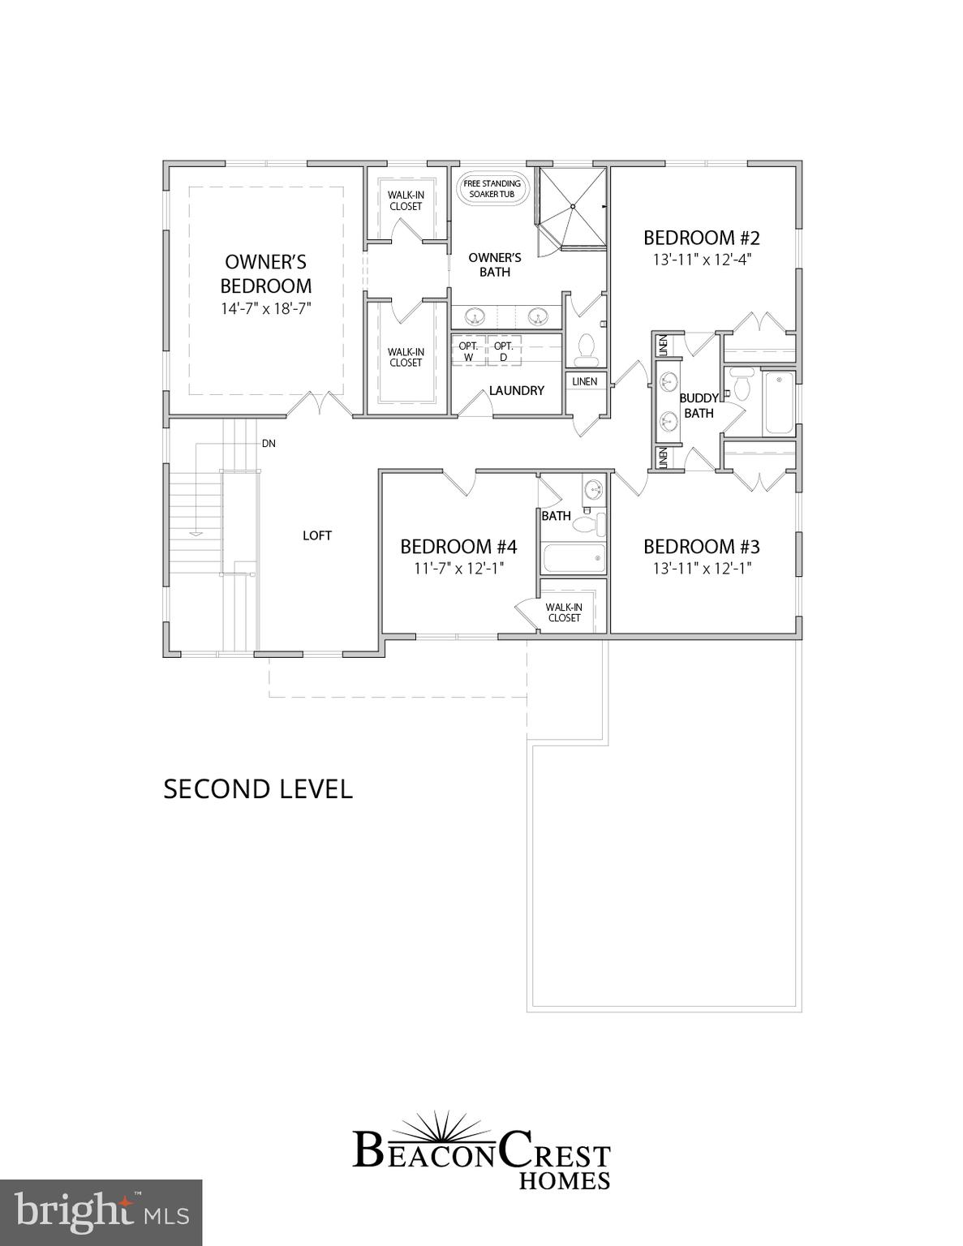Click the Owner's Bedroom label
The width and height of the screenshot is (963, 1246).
[x=265, y=273]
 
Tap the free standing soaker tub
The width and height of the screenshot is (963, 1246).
[x=492, y=189]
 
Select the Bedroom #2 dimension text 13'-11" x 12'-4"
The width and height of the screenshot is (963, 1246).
[x=702, y=260]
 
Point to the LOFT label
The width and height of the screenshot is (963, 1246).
[x=317, y=535]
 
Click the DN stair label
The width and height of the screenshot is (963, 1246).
[x=269, y=444]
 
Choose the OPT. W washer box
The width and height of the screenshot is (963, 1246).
[x=468, y=351]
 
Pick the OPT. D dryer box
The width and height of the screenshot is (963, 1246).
[x=503, y=351]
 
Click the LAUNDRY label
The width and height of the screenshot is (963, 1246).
[x=516, y=390]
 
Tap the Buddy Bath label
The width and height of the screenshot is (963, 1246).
[x=699, y=406]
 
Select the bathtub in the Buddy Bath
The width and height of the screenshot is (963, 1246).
[x=779, y=402]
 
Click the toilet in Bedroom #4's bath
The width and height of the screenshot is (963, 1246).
[x=590, y=523]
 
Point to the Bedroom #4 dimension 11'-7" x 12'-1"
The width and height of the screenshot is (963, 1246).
[x=459, y=568]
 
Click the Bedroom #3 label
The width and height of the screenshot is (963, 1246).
[x=702, y=546]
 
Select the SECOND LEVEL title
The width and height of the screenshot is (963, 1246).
[x=258, y=789]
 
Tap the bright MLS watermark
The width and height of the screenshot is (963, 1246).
[x=101, y=1213]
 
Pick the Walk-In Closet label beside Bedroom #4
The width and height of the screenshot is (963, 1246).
[x=564, y=612]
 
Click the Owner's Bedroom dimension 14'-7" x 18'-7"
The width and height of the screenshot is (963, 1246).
[x=265, y=308]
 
